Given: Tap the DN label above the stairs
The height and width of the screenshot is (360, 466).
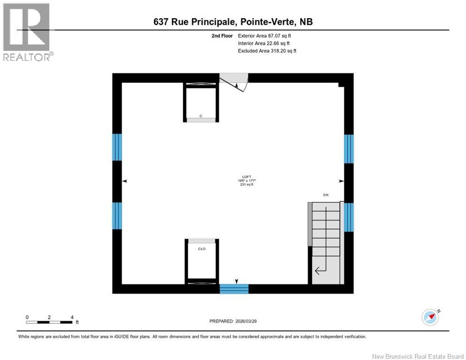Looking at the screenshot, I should [325, 194].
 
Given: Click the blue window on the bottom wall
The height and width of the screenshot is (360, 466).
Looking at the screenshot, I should [234, 288].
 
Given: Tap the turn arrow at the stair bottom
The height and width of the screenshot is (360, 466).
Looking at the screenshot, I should [321, 270].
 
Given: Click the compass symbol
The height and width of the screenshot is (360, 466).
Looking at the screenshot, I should [430, 317].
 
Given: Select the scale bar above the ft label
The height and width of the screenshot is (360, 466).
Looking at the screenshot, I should [49, 322].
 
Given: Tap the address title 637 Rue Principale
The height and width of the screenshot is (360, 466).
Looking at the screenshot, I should [233, 22].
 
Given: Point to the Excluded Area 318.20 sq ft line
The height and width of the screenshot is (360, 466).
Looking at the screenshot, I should [267, 51].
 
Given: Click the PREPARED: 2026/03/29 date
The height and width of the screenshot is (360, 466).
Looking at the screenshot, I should [233, 321].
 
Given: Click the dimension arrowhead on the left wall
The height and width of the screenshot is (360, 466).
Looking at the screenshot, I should [124, 181].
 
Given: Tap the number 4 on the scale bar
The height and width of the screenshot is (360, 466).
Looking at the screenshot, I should [72, 317].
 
